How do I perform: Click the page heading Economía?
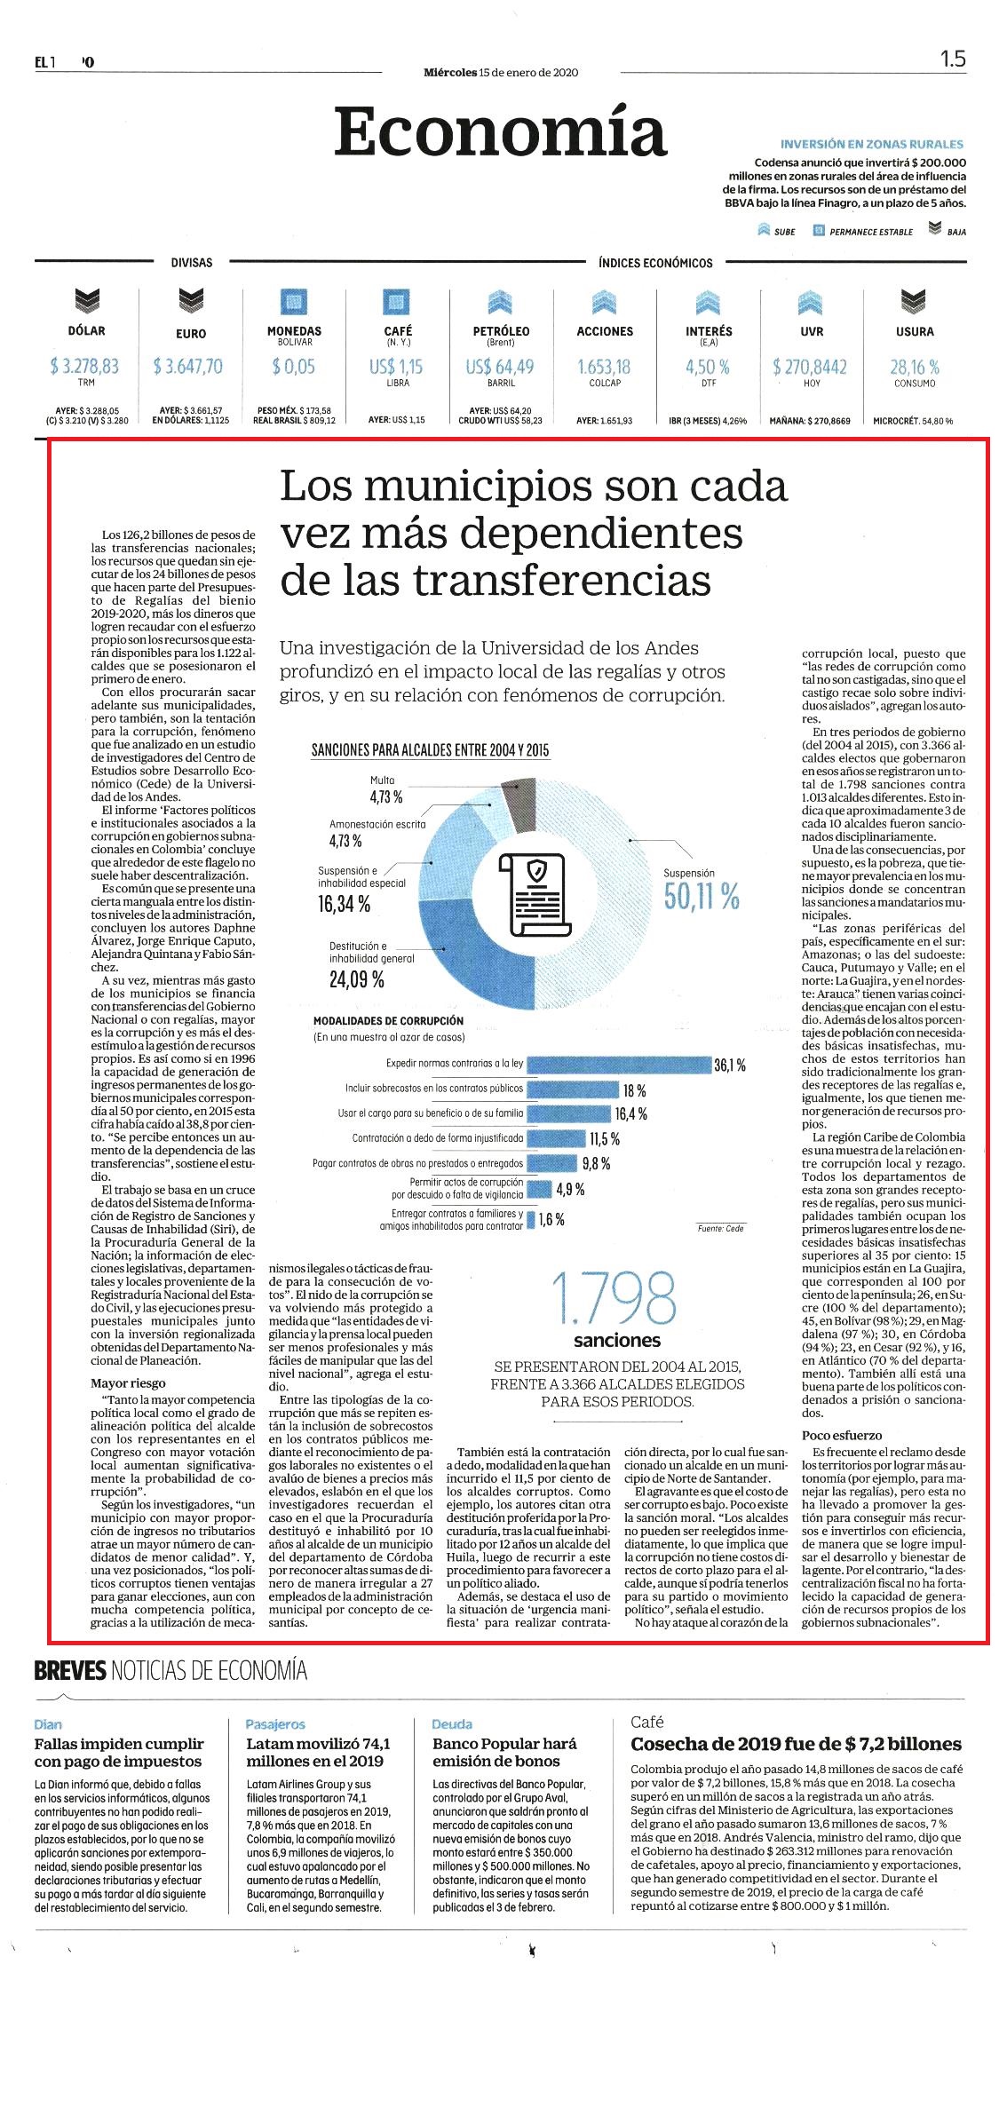click(x=500, y=132)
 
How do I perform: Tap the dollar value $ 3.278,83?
click(x=86, y=366)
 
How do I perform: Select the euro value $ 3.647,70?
click(x=187, y=366)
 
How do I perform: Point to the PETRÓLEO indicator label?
click(x=501, y=331)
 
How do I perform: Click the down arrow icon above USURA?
click(x=915, y=302)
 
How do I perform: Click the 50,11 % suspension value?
click(x=702, y=898)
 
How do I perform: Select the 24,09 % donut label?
click(x=357, y=980)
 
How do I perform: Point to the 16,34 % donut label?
click(x=345, y=904)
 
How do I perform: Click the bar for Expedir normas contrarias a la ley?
click(x=620, y=1064)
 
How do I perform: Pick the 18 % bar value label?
click(x=634, y=1090)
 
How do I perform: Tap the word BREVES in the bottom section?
click(x=70, y=1671)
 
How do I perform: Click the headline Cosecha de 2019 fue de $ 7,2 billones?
click(x=796, y=1744)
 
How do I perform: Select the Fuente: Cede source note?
click(x=721, y=1228)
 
